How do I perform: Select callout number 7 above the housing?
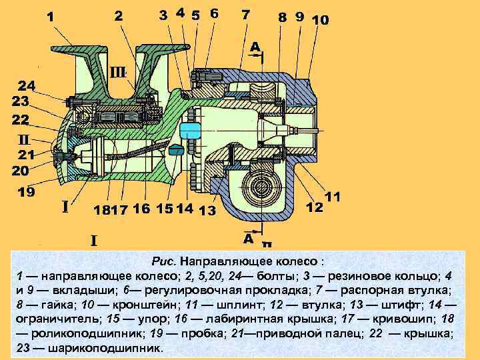246,15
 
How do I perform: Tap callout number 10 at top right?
319,20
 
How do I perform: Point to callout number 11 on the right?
332,197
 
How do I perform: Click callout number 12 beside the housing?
315,207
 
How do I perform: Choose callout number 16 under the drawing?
141,209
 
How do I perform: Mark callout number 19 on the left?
27,193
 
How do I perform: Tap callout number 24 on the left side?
27,86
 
